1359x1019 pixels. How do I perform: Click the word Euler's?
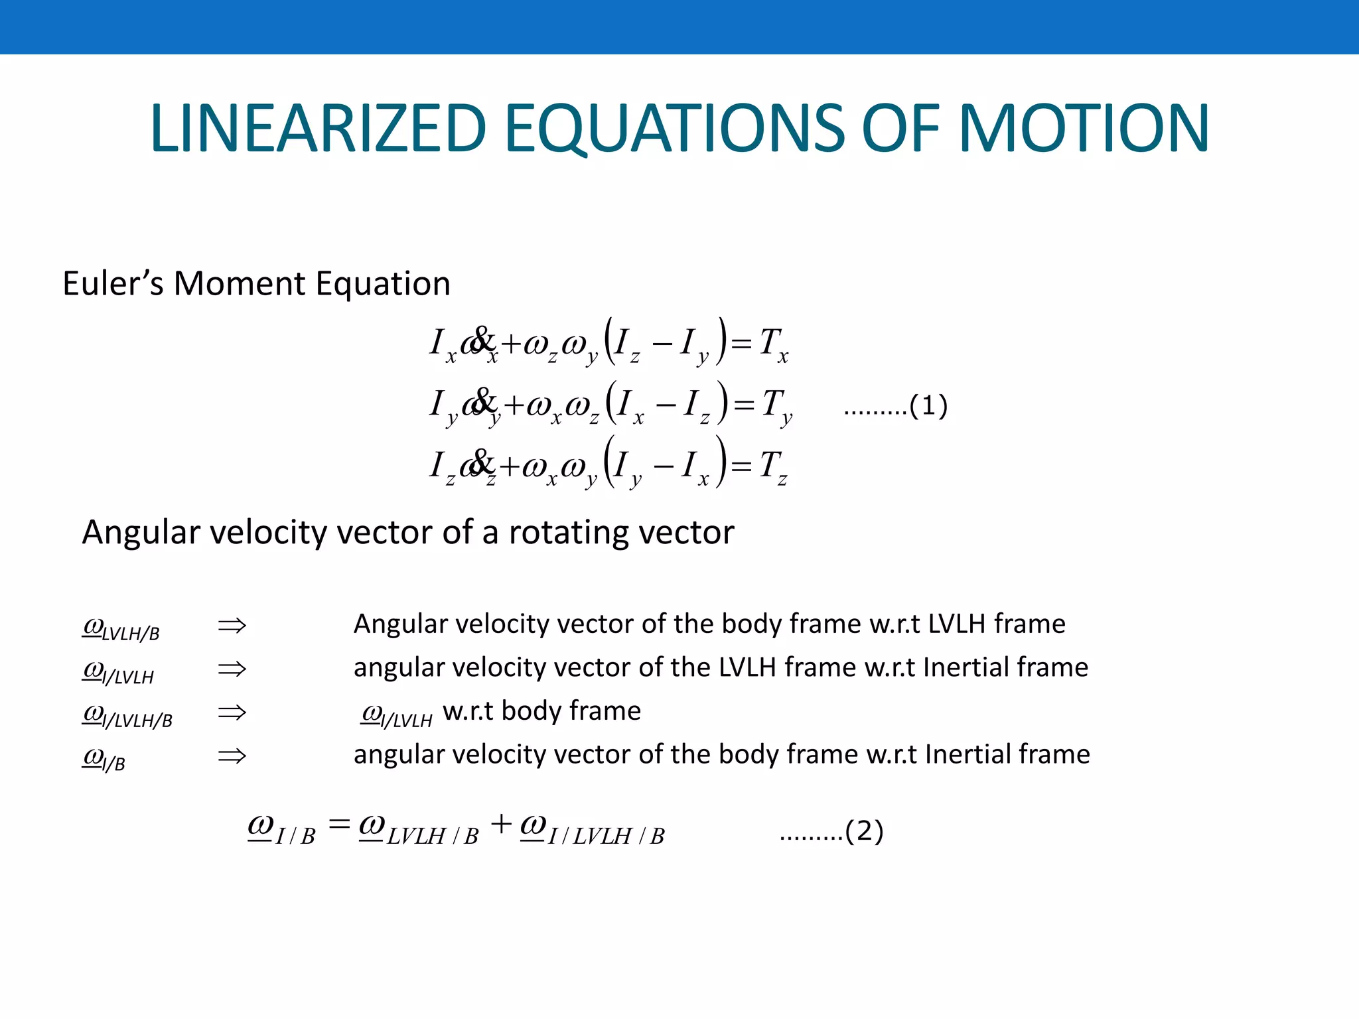coord(113,284)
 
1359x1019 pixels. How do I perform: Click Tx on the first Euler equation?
coord(773,345)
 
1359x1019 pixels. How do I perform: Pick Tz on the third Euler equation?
coord(773,466)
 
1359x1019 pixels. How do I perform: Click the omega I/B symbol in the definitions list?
coord(104,758)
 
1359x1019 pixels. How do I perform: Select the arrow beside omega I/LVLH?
coord(232,669)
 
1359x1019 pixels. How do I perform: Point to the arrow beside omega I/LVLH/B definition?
coord(232,713)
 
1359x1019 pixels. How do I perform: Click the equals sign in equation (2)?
coord(339,825)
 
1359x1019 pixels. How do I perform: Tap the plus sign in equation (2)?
coord(501,825)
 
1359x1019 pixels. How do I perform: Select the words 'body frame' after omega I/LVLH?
coord(571,711)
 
